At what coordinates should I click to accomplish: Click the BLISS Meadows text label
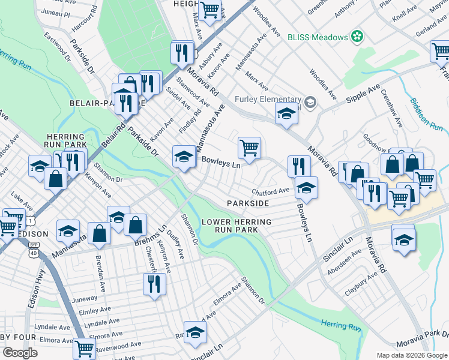tap(318, 37)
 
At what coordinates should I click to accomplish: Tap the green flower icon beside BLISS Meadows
tap(357, 37)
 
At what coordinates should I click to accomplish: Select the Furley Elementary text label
tap(267, 100)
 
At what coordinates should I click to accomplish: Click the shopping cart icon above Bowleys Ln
tap(249, 147)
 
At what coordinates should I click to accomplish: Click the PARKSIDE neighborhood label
tap(248, 204)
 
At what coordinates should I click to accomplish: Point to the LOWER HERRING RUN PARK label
tap(236, 226)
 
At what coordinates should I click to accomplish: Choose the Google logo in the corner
tap(20, 352)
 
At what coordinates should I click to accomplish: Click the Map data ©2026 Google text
tap(411, 355)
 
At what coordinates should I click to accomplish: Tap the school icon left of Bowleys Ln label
tap(184, 157)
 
